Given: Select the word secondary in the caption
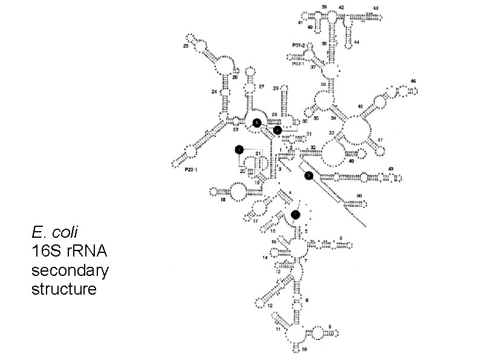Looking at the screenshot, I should (70, 270).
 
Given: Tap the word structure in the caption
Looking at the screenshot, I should (63, 289).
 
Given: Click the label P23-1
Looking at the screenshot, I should (192, 170).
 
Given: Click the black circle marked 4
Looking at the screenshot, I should (258, 122).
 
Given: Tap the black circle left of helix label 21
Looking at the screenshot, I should (239, 149).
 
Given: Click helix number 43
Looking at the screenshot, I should (375, 8).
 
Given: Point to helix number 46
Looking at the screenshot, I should (413, 80).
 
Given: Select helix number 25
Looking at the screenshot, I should (186, 46).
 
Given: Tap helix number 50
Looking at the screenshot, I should (360, 195).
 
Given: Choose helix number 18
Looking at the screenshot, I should (223, 200).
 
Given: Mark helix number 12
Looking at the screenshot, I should (270, 305).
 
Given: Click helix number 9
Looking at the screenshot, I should (329, 327).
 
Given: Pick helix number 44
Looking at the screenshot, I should (357, 42).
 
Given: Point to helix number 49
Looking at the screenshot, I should (391, 168).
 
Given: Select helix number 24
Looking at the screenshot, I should (214, 92).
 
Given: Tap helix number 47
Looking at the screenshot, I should (380, 140).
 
